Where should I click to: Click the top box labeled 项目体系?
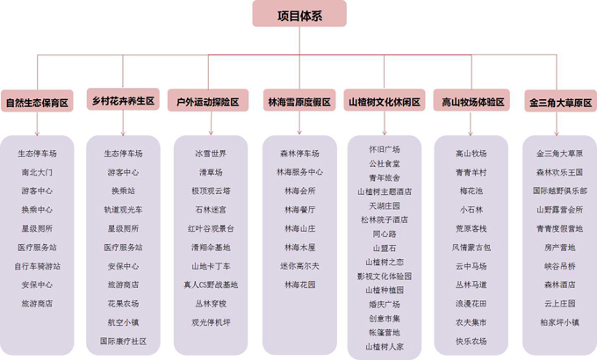(x=299, y=14)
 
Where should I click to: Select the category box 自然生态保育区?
(x=37, y=101)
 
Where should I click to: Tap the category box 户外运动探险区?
(x=208, y=100)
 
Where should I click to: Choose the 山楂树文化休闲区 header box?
(x=385, y=100)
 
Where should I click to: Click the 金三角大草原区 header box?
(x=560, y=101)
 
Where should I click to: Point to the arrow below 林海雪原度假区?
(x=299, y=123)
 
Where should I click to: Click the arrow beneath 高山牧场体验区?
(x=471, y=124)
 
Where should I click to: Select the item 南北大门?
(x=37, y=172)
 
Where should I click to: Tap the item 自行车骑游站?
(x=37, y=266)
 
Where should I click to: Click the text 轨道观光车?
(x=123, y=210)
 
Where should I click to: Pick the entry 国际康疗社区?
(x=123, y=341)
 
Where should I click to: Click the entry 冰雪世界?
(x=211, y=154)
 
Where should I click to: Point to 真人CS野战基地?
(x=211, y=284)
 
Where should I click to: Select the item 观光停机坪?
(x=211, y=322)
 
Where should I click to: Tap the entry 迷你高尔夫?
(x=299, y=266)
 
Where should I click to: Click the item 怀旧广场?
(x=385, y=149)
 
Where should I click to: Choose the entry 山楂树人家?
(x=385, y=347)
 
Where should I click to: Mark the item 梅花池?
(x=471, y=191)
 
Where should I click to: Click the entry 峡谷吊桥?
(x=559, y=266)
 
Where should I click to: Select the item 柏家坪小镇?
(x=559, y=322)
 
